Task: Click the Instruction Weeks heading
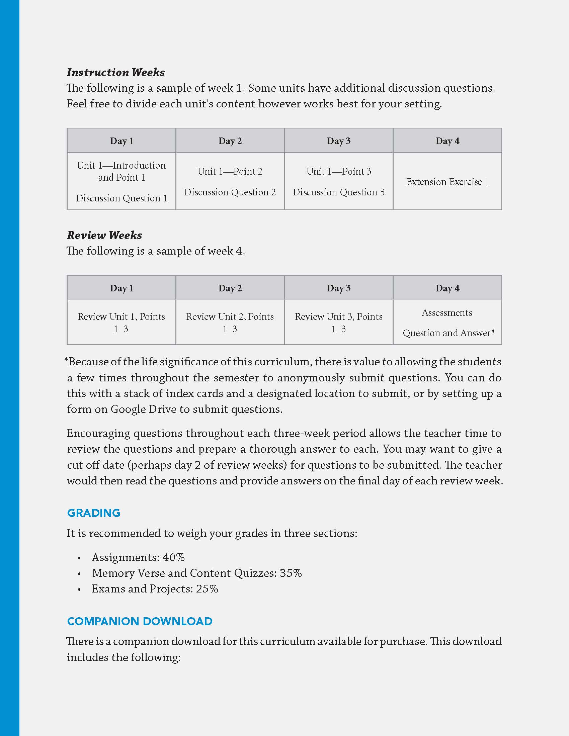(115, 72)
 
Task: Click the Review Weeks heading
(104, 235)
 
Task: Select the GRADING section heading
(94, 513)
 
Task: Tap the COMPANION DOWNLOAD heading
(140, 621)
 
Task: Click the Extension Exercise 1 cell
(447, 182)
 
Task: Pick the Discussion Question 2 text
(230, 192)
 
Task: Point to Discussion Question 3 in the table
(338, 192)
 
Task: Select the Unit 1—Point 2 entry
(230, 172)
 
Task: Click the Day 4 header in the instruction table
(447, 141)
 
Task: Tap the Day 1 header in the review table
(121, 288)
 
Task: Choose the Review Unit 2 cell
(230, 323)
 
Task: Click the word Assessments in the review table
(446, 313)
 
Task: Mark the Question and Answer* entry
(449, 333)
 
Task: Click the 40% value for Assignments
(174, 557)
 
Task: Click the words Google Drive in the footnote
(143, 409)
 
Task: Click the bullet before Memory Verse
(79, 574)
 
